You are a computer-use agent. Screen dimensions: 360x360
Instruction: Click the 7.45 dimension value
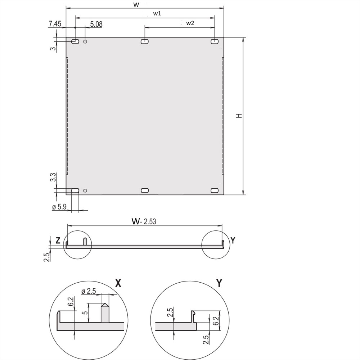(x=55, y=24)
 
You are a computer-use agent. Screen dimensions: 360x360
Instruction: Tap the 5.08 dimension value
(x=96, y=24)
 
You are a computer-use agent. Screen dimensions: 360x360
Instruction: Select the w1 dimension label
(x=157, y=13)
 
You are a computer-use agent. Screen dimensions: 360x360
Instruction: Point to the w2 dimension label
(x=190, y=23)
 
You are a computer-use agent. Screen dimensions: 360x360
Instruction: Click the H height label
(x=239, y=116)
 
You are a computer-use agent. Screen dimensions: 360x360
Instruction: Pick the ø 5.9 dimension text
(x=59, y=207)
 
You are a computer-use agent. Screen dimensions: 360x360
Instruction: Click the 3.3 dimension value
(x=53, y=177)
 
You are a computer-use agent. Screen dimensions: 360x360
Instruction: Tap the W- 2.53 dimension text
(x=144, y=221)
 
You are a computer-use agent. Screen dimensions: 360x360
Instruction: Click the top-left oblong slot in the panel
(x=75, y=41)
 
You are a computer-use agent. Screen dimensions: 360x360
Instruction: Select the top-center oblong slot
(x=145, y=41)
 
